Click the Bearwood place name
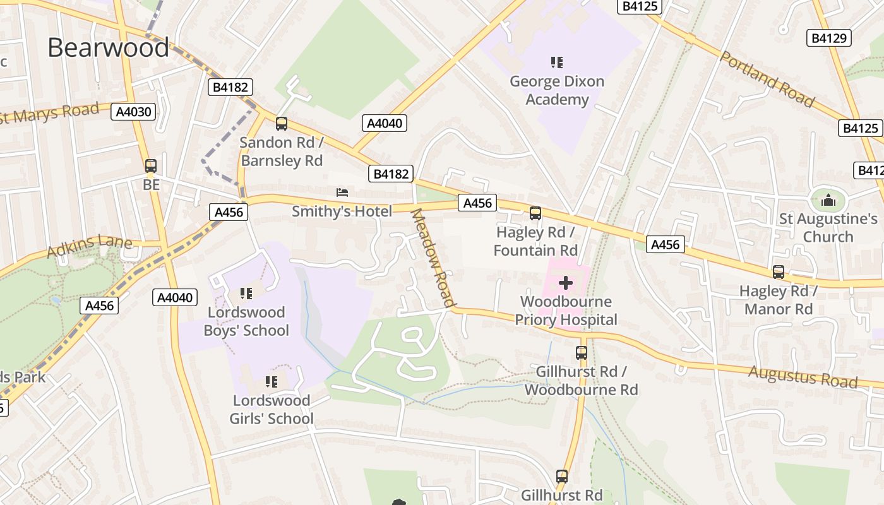click(x=108, y=48)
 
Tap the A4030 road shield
click(x=133, y=112)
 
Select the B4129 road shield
click(x=828, y=38)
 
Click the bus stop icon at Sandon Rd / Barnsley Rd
click(x=282, y=124)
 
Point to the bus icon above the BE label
click(x=151, y=166)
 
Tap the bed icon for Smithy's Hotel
click(x=342, y=192)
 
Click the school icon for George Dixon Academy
click(x=556, y=62)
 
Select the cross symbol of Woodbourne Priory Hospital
click(x=565, y=282)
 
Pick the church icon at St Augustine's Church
click(x=828, y=201)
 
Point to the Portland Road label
click(x=767, y=79)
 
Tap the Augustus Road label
click(x=803, y=376)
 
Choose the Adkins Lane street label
click(x=89, y=245)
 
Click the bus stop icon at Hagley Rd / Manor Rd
click(x=779, y=272)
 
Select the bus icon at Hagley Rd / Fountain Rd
click(x=535, y=213)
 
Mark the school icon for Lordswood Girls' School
click(x=272, y=381)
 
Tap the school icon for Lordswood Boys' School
click(x=246, y=293)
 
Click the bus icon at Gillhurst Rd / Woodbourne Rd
click(x=581, y=353)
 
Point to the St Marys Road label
click(x=51, y=114)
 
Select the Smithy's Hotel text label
click(x=342, y=211)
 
